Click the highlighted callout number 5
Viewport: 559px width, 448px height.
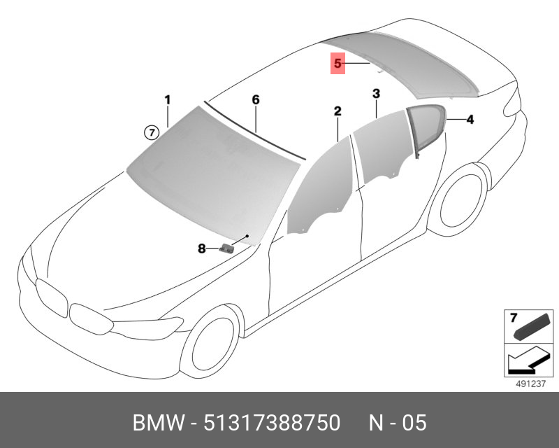pos(337,64)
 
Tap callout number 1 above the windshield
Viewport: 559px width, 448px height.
pos(168,99)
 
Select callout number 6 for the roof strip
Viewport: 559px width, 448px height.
pos(256,99)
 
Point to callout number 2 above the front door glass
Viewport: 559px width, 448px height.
pos(337,111)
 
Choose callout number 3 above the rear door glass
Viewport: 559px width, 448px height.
pos(376,94)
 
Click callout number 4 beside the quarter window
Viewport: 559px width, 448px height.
pos(470,119)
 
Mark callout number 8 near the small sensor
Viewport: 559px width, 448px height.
pos(202,248)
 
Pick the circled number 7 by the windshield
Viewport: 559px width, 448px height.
pos(152,133)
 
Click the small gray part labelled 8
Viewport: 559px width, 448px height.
pos(227,247)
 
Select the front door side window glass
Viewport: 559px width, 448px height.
pos(321,189)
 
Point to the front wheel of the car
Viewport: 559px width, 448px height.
pos(210,343)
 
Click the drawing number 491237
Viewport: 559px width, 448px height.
pos(531,384)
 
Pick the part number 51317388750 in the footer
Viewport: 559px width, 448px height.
pos(272,423)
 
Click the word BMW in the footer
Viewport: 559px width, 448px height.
pos(159,423)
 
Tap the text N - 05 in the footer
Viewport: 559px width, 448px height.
pos(398,423)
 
